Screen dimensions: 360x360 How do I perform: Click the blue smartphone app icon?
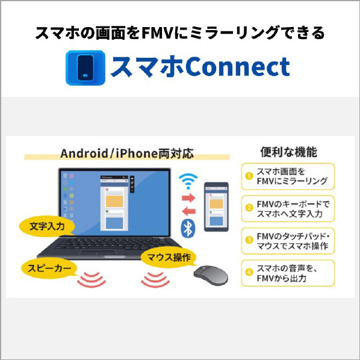tap(85, 68)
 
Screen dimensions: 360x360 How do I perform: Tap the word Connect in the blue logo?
tap(237, 67)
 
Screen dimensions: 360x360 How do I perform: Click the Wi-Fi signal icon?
tap(188, 181)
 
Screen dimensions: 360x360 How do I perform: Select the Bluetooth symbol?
tap(188, 228)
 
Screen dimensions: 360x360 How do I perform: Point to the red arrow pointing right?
tap(188, 197)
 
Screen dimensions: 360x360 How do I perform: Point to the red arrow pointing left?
tap(188, 211)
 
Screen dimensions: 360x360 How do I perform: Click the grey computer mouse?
tap(211, 276)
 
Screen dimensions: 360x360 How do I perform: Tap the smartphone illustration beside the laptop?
tap(216, 206)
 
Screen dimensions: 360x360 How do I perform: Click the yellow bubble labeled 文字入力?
tap(47, 226)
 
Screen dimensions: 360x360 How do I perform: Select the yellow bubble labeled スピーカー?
tap(49, 268)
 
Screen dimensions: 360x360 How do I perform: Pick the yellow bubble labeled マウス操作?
tap(169, 257)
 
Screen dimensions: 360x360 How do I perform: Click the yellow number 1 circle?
tap(249, 176)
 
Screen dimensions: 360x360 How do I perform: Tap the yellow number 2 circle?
tap(249, 208)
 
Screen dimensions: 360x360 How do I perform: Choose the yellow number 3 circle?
tap(249, 240)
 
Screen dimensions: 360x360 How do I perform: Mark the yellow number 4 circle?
tap(249, 272)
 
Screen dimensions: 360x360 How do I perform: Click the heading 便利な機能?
tap(288, 152)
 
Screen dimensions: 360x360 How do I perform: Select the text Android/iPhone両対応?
tap(127, 154)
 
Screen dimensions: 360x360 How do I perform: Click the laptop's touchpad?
tap(99, 252)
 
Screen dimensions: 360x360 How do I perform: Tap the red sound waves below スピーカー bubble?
tap(92, 280)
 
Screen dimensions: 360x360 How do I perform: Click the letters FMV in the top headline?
tap(157, 33)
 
